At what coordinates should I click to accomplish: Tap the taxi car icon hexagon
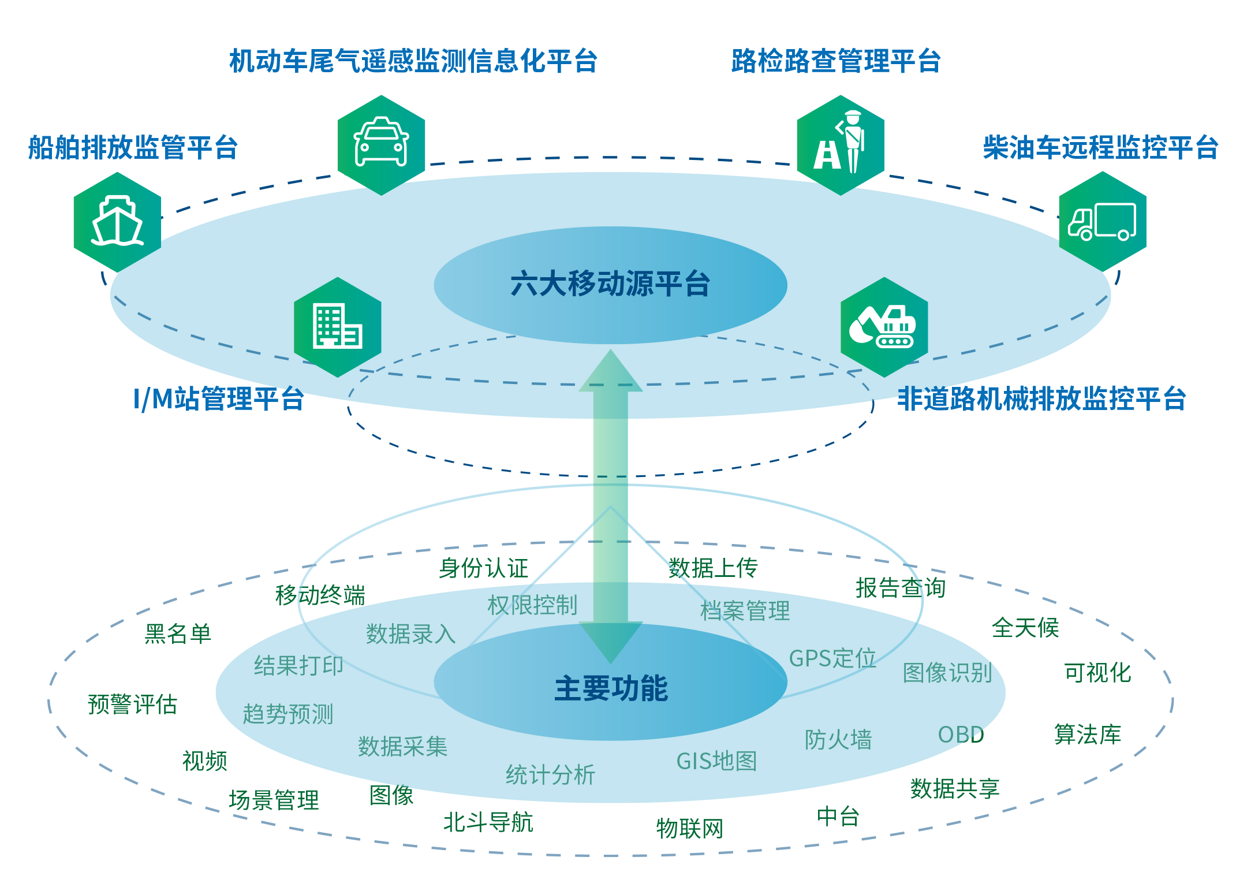[381, 145]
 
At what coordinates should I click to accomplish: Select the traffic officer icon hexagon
[840, 145]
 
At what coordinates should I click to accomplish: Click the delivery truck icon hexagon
[1102, 222]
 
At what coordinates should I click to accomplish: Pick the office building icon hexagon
[338, 327]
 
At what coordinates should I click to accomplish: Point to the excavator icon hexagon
[884, 327]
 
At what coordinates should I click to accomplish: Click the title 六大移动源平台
[610, 284]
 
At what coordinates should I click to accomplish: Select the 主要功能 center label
[611, 688]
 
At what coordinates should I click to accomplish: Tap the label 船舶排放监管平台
[133, 147]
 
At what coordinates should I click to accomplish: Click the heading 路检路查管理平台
[836, 61]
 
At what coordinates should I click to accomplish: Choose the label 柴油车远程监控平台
[1100, 147]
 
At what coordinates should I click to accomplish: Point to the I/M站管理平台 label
[218, 398]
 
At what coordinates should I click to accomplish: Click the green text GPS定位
[832, 658]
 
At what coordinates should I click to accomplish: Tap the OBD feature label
[961, 735]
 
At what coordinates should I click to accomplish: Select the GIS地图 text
[716, 761]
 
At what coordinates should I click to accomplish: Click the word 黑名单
[178, 634]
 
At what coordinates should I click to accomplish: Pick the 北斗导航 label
[488, 822]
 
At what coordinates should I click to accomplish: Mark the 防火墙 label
[838, 739]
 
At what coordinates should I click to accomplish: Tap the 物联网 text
[689, 829]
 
